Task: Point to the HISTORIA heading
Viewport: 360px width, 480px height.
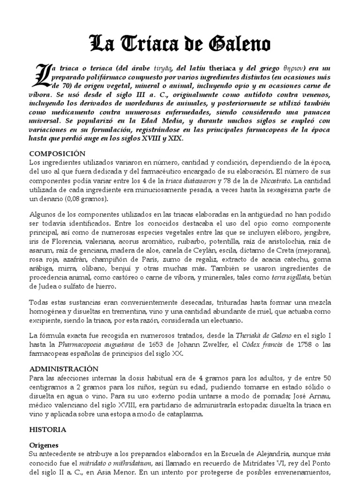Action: tap(48, 429)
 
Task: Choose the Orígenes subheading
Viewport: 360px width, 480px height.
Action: tap(45, 447)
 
